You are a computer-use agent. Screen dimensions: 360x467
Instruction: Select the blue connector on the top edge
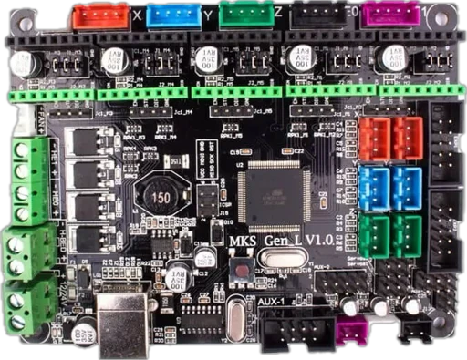coord(173,15)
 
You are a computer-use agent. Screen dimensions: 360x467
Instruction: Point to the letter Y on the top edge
coord(209,15)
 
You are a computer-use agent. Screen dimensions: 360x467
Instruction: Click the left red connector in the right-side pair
coord(374,139)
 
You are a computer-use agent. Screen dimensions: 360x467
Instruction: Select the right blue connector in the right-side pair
coord(407,185)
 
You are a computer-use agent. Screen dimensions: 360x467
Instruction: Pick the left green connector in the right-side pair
coord(374,235)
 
